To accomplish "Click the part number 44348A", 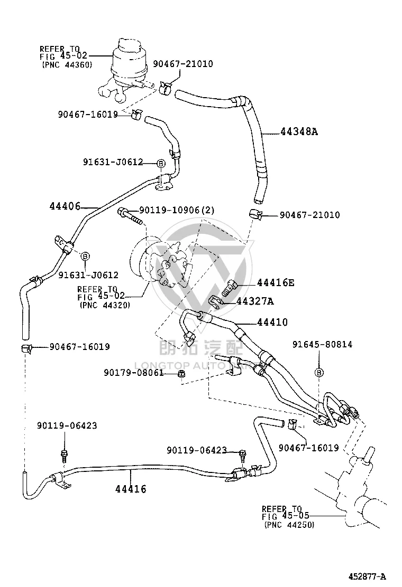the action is [x=299, y=131].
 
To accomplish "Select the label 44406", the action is [x=65, y=206].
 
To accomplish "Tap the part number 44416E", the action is [x=275, y=282].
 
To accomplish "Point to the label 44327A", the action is [x=254, y=301].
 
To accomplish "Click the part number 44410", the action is [x=272, y=322].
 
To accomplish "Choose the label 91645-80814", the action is [x=322, y=344].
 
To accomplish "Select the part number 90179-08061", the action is [x=133, y=373].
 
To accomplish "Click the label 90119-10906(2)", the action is [x=177, y=210].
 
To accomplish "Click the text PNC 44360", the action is [x=67, y=65].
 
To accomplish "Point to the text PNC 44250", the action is [x=289, y=525].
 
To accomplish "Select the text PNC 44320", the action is [x=105, y=305].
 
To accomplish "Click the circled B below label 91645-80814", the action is [x=319, y=373].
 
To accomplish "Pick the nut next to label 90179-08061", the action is [x=181, y=374].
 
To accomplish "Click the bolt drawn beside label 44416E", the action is [x=229, y=287].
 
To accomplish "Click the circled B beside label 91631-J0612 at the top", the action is [x=160, y=163].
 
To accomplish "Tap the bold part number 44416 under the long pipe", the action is [x=131, y=489].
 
